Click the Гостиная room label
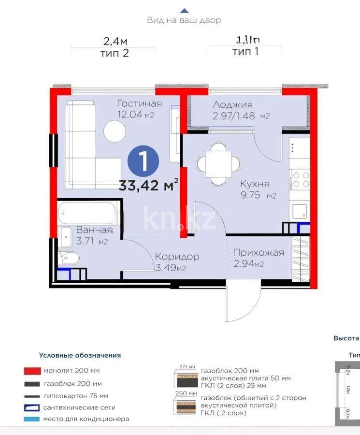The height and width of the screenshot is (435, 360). click(139, 104)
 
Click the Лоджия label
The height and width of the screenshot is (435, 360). click(233, 105)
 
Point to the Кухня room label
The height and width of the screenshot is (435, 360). click(254, 184)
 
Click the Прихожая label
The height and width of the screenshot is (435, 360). click(258, 253)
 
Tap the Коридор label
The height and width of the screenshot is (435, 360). click(177, 257)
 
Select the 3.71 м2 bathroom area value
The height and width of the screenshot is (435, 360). click(92, 241)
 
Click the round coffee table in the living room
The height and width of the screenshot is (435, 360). click(116, 131)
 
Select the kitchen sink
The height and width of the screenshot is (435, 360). click(299, 211)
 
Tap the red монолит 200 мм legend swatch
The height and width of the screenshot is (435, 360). click(31, 371)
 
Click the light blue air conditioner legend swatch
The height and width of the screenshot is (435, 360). click(31, 419)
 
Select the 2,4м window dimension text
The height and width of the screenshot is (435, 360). click(115, 41)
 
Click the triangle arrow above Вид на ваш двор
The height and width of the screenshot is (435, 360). click(184, 10)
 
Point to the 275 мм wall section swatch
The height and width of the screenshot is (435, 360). click(186, 378)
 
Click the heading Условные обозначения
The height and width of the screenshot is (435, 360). click(80, 355)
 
